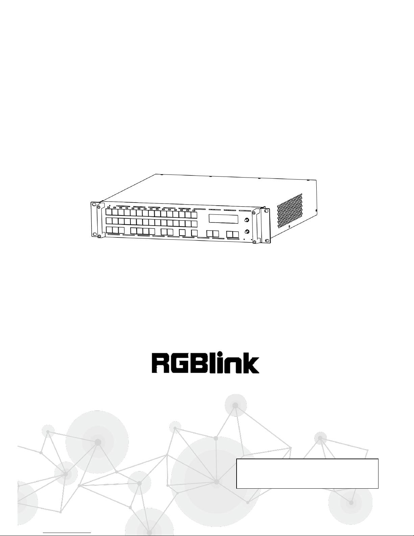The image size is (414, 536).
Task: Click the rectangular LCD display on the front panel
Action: click(223, 219)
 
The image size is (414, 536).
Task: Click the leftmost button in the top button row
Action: click(108, 212)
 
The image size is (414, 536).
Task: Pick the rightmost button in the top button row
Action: click(194, 215)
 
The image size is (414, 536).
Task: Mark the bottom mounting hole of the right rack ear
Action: click(267, 241)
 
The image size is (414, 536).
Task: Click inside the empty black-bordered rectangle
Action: click(307, 473)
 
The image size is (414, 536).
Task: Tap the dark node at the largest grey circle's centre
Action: click(217, 481)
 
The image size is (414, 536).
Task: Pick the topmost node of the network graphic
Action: click(235, 405)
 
